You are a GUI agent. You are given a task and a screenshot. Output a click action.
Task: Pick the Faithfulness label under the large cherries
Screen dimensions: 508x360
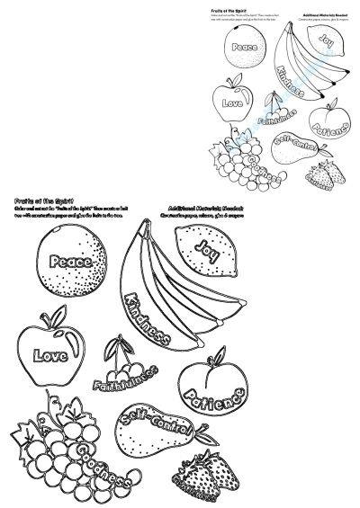coord(126,379)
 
